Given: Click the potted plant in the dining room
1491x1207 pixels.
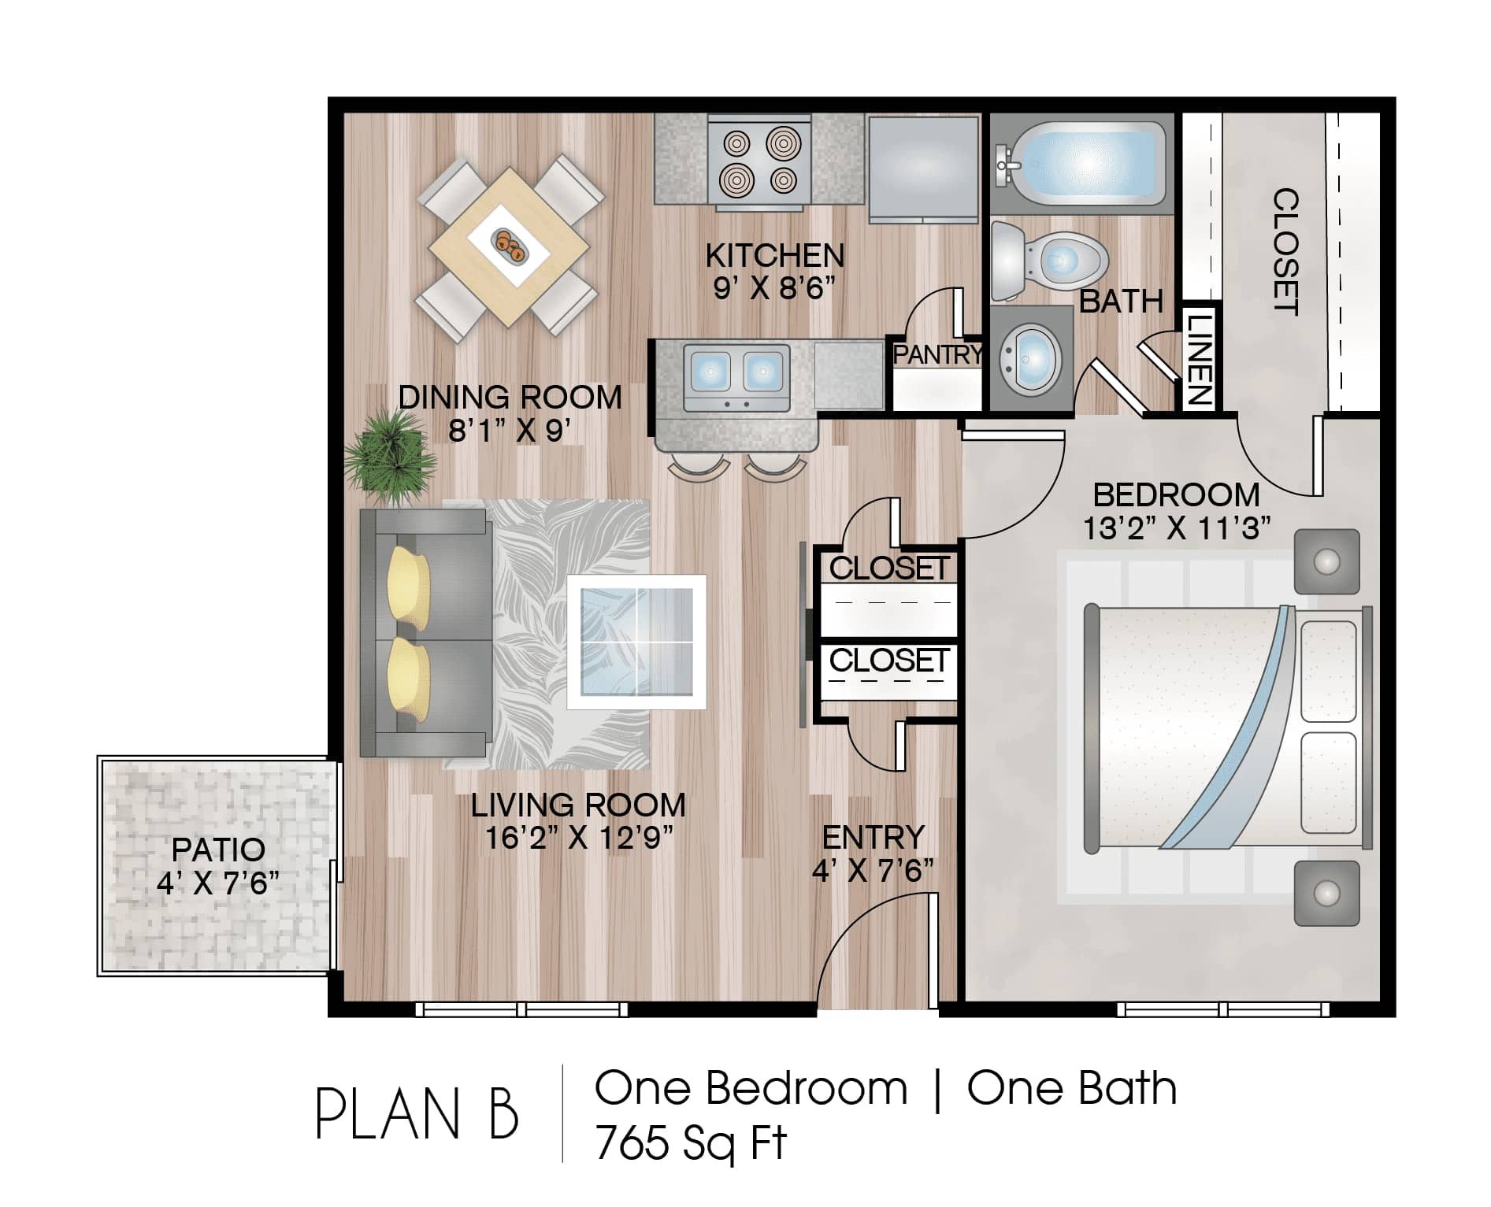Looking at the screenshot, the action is [x=390, y=457].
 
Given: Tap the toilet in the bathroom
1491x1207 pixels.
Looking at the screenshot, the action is [x=1049, y=260].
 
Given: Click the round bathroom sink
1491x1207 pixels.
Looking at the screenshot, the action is [x=1031, y=359].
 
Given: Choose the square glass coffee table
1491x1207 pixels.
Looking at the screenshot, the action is [x=636, y=642].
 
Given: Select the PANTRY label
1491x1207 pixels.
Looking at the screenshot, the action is [x=937, y=354].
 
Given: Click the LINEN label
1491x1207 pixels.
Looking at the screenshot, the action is [x=1199, y=359].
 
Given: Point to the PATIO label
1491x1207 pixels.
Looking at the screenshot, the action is [x=218, y=850].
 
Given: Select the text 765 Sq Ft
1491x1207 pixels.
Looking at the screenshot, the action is [x=691, y=1143].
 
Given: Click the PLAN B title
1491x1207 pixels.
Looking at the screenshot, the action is [x=417, y=1115].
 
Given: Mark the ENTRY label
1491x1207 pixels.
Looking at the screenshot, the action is [x=873, y=838].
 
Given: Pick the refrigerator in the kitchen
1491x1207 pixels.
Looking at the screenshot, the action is [x=922, y=168].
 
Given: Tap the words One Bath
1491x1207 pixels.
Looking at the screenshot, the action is [x=1072, y=1089].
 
